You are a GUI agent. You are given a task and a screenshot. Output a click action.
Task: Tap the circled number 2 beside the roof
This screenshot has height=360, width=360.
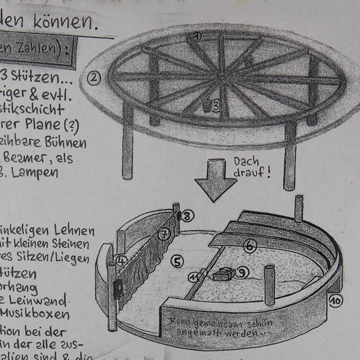click(94, 79)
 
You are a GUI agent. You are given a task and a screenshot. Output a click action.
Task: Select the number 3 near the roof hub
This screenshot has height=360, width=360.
click(216, 106)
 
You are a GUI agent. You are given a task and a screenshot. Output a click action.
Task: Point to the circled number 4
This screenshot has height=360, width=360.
click(121, 261)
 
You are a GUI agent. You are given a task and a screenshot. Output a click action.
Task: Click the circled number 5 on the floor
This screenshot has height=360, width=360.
click(177, 262)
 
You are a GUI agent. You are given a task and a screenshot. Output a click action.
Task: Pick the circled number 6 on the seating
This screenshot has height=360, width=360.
click(250, 246)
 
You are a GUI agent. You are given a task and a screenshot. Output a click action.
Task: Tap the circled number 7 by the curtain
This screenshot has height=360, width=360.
click(165, 235)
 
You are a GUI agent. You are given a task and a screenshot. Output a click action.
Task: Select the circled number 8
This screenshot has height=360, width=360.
click(188, 216)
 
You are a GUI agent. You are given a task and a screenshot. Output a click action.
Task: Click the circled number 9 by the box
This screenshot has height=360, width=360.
click(243, 272)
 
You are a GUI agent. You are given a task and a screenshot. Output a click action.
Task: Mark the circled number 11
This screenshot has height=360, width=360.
click(194, 278)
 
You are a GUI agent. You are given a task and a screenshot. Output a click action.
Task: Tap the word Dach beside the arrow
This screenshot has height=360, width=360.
click(246, 161)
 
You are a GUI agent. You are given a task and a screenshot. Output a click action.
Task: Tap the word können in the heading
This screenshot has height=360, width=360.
click(63, 22)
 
